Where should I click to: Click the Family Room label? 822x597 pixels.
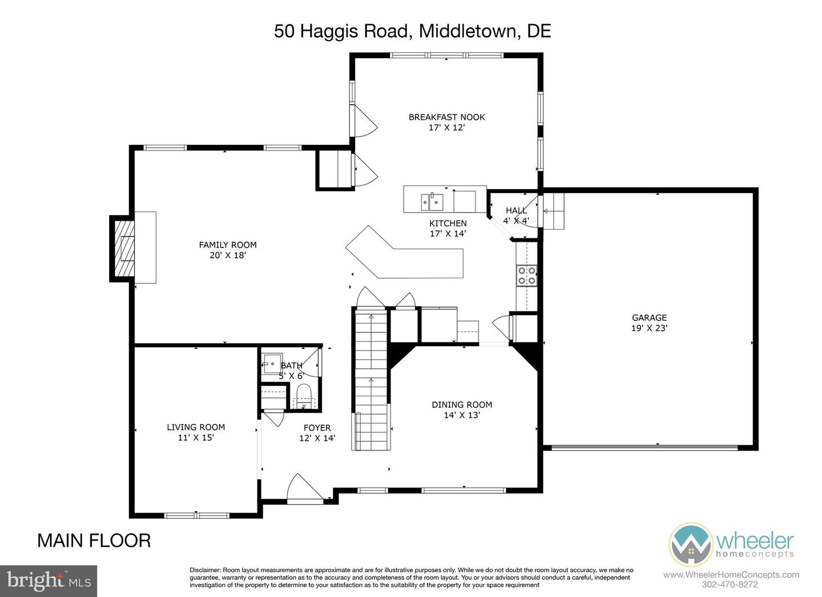coord(227,245)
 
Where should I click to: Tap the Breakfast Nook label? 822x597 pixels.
coord(446,117)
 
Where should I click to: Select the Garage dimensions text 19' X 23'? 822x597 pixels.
coord(649,328)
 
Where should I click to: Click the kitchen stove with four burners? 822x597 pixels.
coord(526,275)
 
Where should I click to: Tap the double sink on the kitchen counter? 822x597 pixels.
coord(432,201)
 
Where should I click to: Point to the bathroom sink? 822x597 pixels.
coord(271,363)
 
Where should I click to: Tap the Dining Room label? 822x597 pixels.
coord(461,405)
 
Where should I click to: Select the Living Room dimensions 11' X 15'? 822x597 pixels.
coord(196,437)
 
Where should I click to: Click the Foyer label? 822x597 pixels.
coord(317,427)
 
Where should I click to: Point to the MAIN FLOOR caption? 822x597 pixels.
coord(94,540)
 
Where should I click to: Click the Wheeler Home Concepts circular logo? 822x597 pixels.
coord(690,545)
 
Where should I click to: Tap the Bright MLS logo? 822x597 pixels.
coord(49,581)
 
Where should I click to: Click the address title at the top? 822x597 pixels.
coord(412,31)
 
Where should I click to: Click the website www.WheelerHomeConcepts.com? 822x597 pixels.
coord(731,575)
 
